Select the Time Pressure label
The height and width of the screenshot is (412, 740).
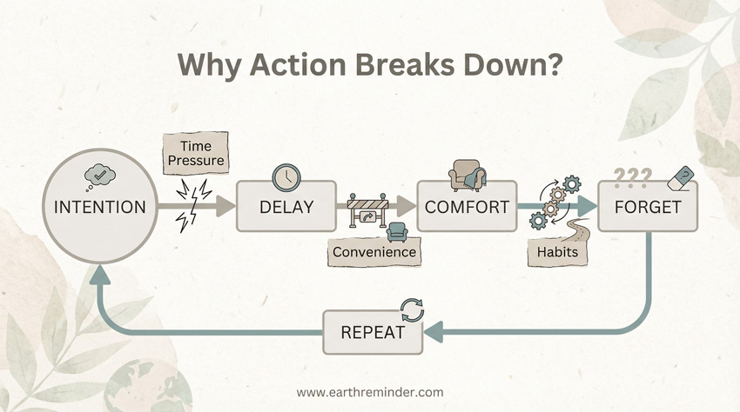coord(196,154)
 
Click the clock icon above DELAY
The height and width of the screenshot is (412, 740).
coord(285,176)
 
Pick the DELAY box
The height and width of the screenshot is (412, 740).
coord(286,208)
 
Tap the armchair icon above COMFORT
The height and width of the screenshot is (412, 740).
coord(467,175)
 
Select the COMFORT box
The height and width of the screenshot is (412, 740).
coord(467,208)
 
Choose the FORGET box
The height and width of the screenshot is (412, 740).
coord(647,208)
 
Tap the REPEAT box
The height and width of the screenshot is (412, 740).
coord(372,332)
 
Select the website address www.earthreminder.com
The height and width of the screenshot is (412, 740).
coord(369,392)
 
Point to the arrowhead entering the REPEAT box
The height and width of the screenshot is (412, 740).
coord(433,332)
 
